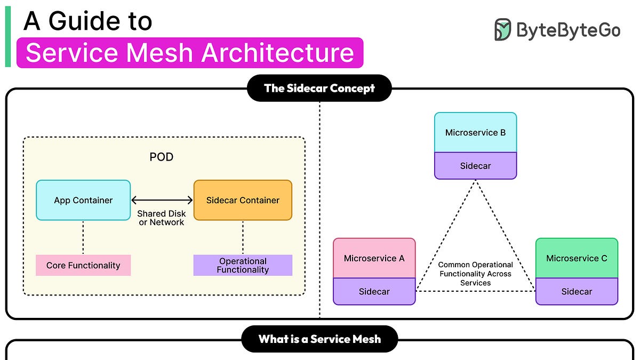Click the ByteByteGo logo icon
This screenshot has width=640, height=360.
(502, 30)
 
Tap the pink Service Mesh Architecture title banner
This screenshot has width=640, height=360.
(189, 53)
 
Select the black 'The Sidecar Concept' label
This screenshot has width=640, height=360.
(319, 88)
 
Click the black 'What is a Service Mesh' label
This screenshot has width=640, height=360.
(319, 339)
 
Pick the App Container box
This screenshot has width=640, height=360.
(83, 201)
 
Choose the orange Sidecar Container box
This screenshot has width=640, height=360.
(243, 201)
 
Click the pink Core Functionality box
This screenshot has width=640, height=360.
(83, 266)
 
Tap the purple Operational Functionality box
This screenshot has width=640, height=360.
(243, 266)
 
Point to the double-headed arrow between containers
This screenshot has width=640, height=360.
(162, 200)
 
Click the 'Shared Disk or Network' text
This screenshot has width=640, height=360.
(162, 218)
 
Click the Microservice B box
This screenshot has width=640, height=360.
(475, 132)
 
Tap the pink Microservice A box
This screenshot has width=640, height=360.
(374, 258)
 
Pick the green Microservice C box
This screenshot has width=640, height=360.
(577, 258)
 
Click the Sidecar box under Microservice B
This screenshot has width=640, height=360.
(475, 166)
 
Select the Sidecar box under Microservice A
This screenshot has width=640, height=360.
(374, 292)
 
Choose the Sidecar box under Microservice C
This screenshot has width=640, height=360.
(577, 292)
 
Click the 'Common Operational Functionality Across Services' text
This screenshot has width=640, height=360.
(475, 274)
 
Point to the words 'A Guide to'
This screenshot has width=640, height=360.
(88, 21)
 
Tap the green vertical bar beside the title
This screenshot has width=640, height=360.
(8, 37)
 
